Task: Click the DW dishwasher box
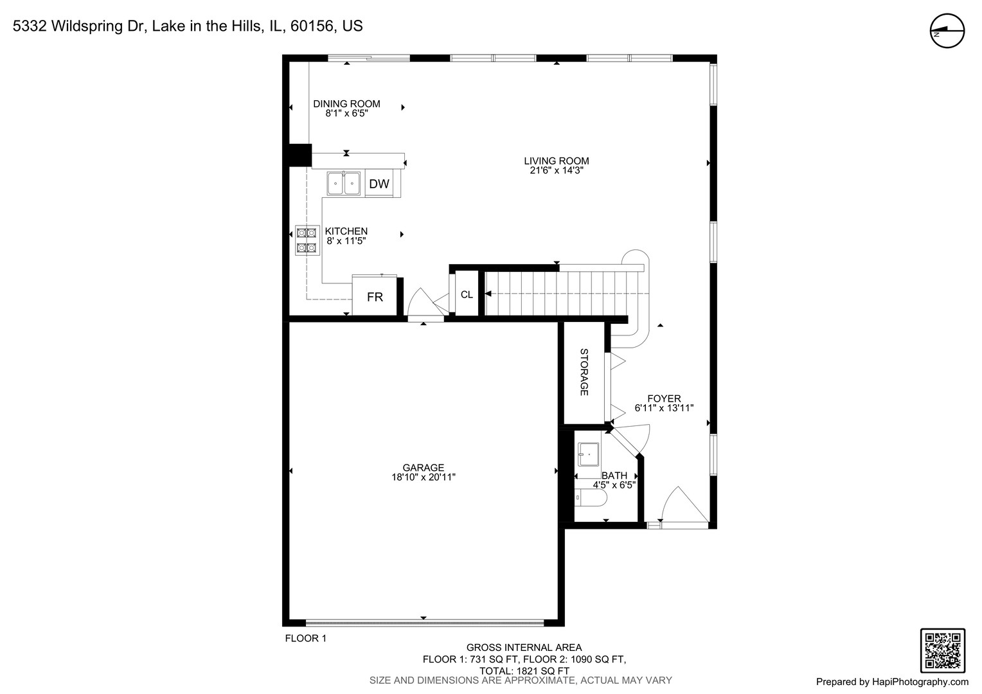[379, 184]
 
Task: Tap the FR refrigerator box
[375, 296]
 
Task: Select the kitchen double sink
[343, 184]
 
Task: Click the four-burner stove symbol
[307, 240]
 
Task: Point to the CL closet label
[467, 294]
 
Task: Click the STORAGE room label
[584, 372]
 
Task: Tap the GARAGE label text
[424, 468]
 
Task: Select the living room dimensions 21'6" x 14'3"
[557, 171]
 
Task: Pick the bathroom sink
[588, 454]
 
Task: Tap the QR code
[943, 650]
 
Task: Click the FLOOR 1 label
[306, 638]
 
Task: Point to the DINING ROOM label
[346, 103]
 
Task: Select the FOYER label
[664, 398]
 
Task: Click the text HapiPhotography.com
[919, 682]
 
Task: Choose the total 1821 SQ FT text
[524, 670]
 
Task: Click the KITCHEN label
[346, 231]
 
